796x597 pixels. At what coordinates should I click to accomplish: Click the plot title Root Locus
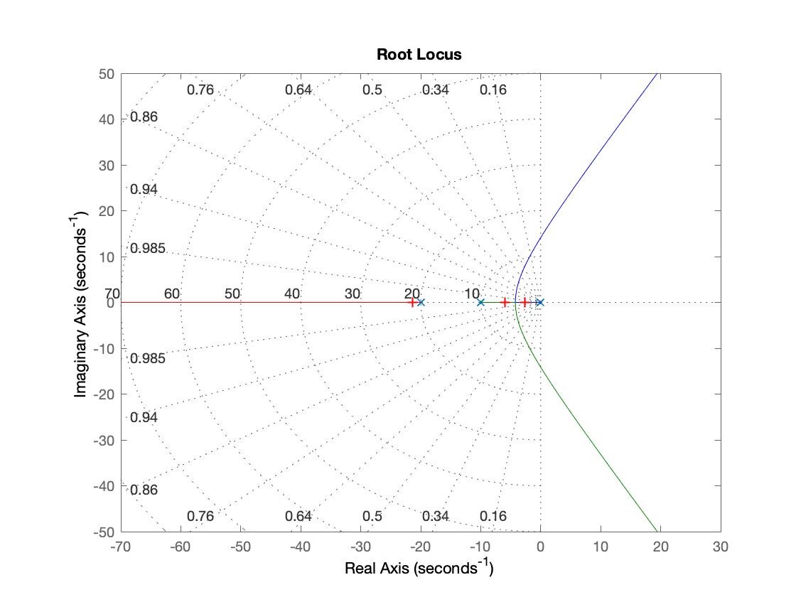coord(419,55)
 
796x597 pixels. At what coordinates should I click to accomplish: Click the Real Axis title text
coord(419,569)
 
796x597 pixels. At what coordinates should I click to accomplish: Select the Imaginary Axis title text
coord(83,302)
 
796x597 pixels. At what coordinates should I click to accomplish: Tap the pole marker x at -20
coord(421,302)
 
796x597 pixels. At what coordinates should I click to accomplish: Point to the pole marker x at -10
coord(480,302)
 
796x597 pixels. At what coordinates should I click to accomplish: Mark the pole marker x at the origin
coord(540,302)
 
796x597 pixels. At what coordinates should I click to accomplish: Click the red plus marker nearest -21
coord(412,302)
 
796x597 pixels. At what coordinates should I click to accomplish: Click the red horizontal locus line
coord(270,302)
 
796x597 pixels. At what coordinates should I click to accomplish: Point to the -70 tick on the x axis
coord(122,547)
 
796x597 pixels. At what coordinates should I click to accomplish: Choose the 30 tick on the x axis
coord(721,547)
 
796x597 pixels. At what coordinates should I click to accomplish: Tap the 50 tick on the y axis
coord(107,73)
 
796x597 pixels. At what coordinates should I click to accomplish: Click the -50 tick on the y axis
coord(104,532)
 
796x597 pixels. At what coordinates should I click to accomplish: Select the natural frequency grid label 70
coord(112,294)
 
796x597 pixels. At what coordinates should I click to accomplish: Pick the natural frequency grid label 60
coord(172,294)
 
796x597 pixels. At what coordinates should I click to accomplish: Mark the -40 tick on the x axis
coord(301,547)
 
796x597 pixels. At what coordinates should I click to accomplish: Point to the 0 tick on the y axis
coord(110,302)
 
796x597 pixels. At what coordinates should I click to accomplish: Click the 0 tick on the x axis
coord(541,547)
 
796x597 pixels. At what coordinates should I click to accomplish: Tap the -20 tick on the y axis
coord(104,394)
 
